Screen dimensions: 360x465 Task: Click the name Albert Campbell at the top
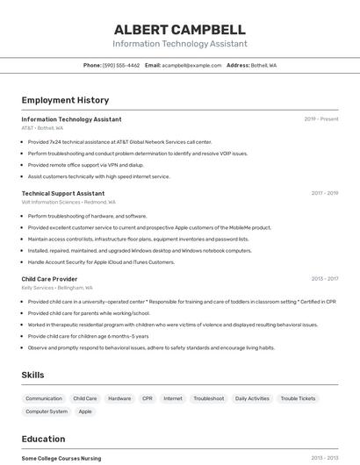pos(179,30)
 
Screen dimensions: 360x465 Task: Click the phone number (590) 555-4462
pos(121,65)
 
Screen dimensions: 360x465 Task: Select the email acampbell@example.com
pos(191,65)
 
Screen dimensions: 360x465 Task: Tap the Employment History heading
pos(65,100)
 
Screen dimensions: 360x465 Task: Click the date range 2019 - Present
pos(321,119)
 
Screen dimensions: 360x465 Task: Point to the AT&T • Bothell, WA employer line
pos(42,128)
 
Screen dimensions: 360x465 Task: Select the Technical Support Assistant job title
pos(62,193)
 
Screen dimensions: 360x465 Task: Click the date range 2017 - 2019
pos(325,193)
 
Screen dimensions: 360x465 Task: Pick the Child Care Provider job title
pos(49,279)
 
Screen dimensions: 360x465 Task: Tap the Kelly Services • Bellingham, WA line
pos(57,288)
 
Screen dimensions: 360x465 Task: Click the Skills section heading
pos(33,375)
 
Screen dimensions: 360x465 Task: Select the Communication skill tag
pos(44,398)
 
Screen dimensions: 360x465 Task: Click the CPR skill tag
pos(148,398)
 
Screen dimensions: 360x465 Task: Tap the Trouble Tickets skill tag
pos(298,398)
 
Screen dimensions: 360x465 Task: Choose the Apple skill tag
pos(85,411)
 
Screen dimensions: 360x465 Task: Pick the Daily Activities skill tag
pos(252,398)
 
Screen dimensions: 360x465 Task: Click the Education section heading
pos(43,439)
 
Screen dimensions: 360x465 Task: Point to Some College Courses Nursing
pos(61,458)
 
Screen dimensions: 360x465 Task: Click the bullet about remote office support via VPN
pos(85,165)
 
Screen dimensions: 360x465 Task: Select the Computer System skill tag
pos(47,411)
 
